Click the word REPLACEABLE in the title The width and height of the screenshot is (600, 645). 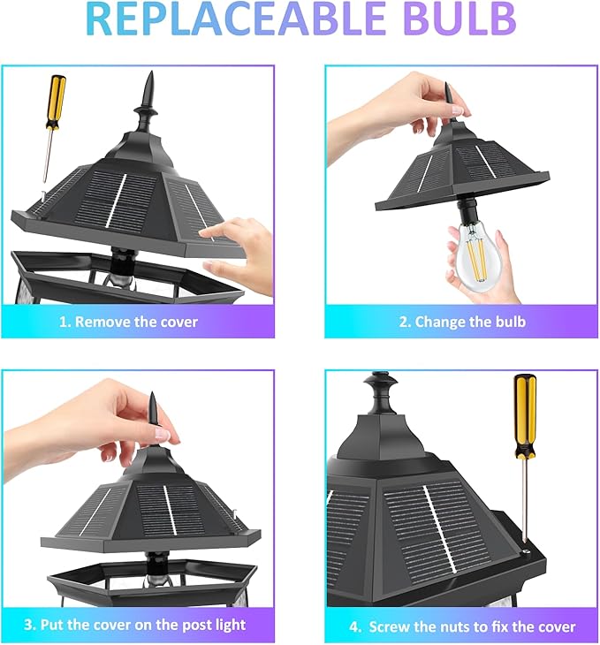click(x=235, y=19)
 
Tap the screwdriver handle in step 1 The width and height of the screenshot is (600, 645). click(x=56, y=102)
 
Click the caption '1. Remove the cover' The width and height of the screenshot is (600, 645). click(x=128, y=322)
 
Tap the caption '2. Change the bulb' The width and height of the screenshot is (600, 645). click(x=462, y=322)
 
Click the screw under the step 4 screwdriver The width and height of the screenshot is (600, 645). click(x=526, y=551)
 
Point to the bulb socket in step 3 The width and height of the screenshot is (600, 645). click(x=157, y=565)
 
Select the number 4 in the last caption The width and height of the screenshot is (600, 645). click(x=354, y=627)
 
